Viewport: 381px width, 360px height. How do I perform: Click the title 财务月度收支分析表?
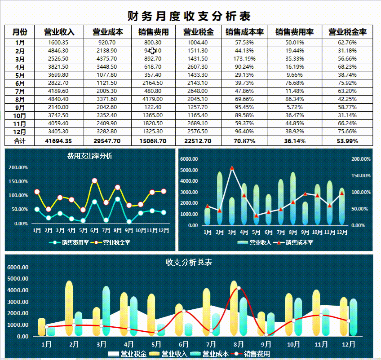189,16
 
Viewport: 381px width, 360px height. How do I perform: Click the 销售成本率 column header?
244,32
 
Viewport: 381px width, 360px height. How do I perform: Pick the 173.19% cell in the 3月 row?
244,59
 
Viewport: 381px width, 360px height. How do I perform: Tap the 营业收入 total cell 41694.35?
58,141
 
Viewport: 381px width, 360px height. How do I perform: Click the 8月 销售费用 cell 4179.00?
153,99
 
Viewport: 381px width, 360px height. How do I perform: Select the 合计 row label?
20,141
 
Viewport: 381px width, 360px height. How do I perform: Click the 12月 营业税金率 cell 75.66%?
347,132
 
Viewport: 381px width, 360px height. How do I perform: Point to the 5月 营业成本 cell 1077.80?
107,75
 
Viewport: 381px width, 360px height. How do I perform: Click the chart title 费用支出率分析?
90,156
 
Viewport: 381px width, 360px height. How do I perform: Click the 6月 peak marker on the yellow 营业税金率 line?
94,181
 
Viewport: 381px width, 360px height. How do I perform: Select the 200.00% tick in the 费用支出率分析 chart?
18,167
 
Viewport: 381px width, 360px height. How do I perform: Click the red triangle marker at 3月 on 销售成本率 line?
232,168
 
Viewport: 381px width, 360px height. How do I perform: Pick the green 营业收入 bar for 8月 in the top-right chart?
293,198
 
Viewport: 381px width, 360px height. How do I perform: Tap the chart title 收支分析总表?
189,262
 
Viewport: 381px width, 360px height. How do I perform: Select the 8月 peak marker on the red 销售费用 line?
239,288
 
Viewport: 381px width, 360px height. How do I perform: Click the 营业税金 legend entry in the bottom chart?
128,354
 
